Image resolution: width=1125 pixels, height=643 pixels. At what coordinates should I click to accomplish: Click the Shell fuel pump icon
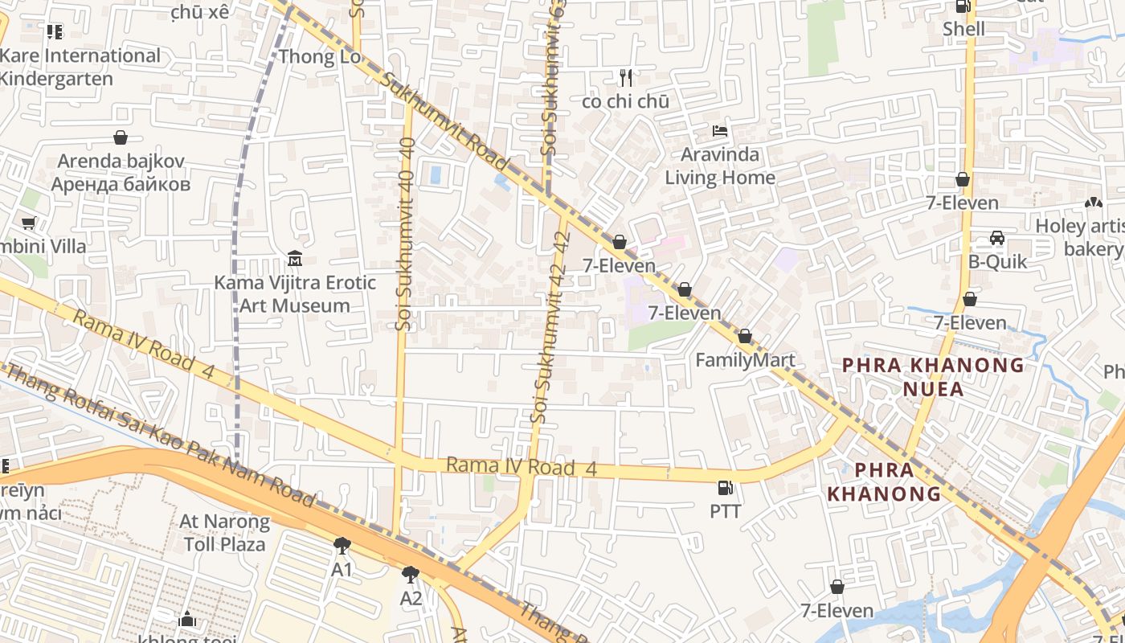pos(963,7)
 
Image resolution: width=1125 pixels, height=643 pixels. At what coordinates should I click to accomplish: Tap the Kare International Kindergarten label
pos(80,67)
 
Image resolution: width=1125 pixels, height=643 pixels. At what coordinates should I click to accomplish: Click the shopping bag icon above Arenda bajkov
pos(121,137)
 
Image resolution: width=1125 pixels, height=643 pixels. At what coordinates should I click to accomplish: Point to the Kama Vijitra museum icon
pos(295,259)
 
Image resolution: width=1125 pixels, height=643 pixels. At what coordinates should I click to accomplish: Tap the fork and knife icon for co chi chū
pos(626,78)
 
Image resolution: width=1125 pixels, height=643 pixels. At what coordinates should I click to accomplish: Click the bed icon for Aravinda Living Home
pos(720,130)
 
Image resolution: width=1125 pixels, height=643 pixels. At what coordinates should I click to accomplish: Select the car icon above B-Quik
pos(996,238)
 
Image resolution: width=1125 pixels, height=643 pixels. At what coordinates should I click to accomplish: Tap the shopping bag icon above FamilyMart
pos(745,336)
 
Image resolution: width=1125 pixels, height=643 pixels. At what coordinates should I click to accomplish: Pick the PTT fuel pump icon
pos(725,487)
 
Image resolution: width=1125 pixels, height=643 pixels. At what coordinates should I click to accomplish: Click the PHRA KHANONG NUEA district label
pos(933,377)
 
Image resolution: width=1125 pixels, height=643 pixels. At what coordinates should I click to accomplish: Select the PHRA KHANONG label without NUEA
pos(884,481)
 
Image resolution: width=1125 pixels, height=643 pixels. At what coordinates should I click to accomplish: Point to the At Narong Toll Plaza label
pos(224,533)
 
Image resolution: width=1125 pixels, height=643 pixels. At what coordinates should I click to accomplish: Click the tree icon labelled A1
pos(342,546)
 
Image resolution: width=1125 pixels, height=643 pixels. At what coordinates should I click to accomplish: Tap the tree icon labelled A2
pos(411,574)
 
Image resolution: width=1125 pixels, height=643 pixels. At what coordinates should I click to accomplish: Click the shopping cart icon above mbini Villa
pos(29,223)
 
